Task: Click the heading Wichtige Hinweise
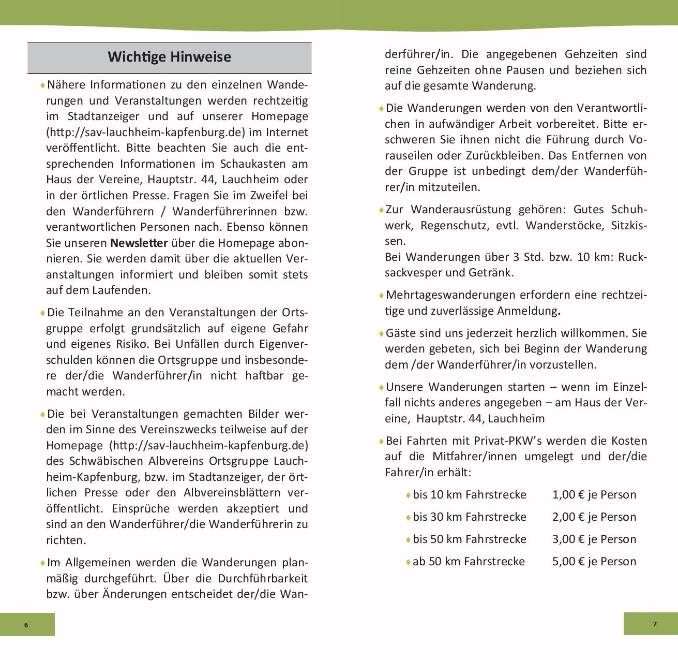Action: pos(169,57)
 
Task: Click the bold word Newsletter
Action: pos(139,243)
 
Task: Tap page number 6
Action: pos(26,625)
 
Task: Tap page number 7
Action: pos(655,624)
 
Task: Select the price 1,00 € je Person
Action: pos(594,495)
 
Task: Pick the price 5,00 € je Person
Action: pos(594,562)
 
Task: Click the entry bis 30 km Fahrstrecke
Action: pos(469,517)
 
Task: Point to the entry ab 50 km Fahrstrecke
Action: pos(468,562)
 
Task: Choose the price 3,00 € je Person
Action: pos(594,539)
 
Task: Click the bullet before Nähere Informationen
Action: pos(42,85)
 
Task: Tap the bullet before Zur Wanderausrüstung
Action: pos(381,210)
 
